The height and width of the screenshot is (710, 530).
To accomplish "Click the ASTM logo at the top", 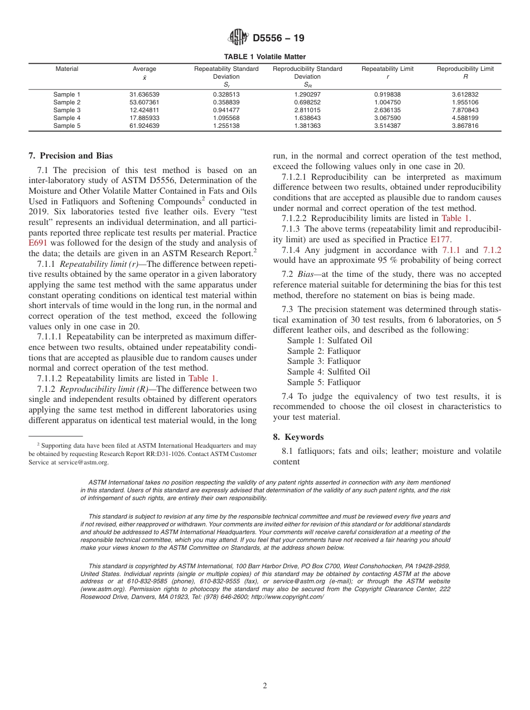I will pos(239,38).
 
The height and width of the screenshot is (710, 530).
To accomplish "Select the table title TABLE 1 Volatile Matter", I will pos(264,57).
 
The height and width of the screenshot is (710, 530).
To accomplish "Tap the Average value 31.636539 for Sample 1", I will pos(144,94).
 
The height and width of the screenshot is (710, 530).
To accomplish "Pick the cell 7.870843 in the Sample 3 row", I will pos(465,110).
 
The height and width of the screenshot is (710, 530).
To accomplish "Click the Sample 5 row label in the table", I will pos(67,126).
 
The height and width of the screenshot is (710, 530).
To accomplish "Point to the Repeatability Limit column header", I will pos(387,69).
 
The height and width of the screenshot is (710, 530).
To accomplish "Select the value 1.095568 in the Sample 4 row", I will pos(226,118).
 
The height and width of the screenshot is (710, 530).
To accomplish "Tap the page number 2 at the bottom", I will pos(265,686).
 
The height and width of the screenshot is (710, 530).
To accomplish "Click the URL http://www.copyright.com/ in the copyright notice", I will pos(287,597).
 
